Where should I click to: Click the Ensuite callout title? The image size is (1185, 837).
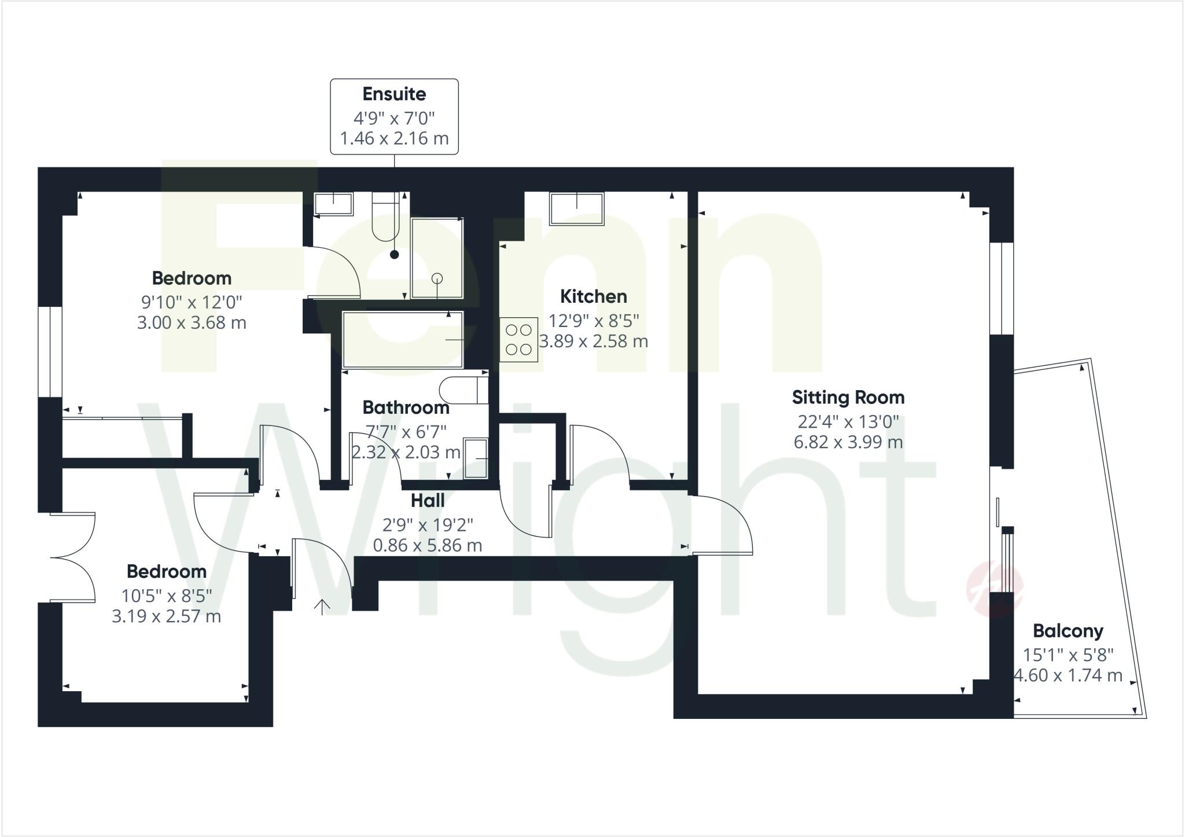point(394,94)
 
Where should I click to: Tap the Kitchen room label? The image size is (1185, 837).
point(593,296)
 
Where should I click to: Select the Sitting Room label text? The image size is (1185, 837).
point(848,398)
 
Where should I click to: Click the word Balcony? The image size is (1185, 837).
point(1068,631)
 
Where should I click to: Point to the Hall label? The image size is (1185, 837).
point(428,501)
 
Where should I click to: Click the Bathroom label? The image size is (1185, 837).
point(406,408)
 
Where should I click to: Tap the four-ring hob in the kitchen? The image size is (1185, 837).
point(518,340)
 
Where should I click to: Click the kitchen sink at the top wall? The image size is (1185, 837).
point(577,208)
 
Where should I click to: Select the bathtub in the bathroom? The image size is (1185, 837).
point(403,339)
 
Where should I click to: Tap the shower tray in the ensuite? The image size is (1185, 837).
point(437,258)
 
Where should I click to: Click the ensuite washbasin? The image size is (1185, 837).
point(333,204)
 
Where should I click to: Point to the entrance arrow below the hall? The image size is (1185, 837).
point(322,607)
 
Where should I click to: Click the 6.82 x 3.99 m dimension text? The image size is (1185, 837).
point(848,443)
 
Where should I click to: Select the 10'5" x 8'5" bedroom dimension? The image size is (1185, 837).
point(167,596)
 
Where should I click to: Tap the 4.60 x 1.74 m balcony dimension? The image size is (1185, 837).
point(1068,676)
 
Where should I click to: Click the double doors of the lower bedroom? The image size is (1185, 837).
point(73,557)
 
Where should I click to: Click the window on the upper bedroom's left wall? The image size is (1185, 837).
point(50,351)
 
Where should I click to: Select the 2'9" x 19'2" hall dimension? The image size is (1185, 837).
point(428,525)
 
